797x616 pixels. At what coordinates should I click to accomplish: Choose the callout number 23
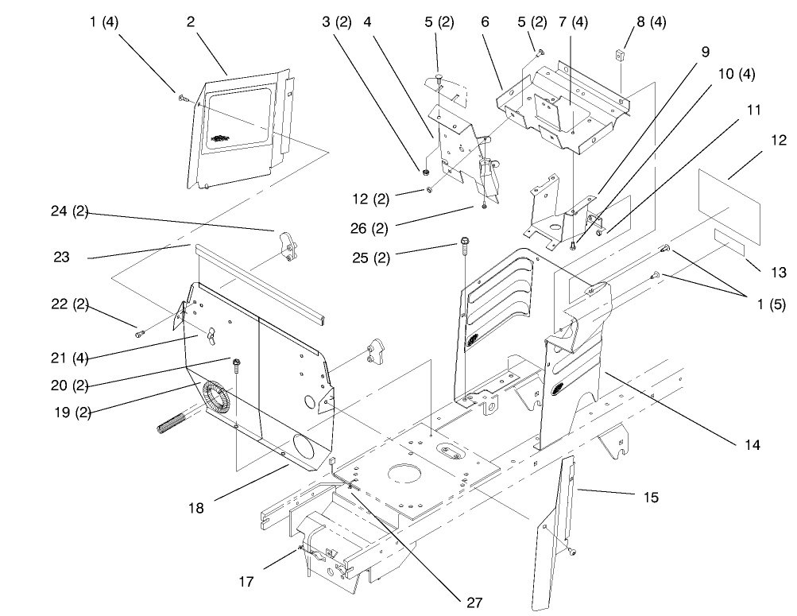pyautogui.click(x=62, y=257)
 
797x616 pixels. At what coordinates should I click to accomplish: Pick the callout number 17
pyautogui.click(x=246, y=581)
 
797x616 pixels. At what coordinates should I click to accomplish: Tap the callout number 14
pyautogui.click(x=751, y=446)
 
